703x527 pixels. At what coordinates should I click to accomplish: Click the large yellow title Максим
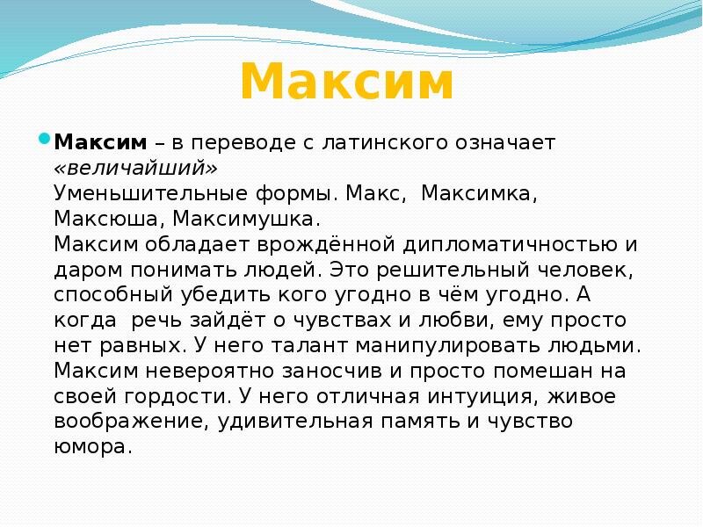tap(346, 83)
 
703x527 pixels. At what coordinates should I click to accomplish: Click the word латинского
tap(402, 142)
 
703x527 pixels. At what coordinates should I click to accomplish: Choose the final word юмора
tap(91, 447)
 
